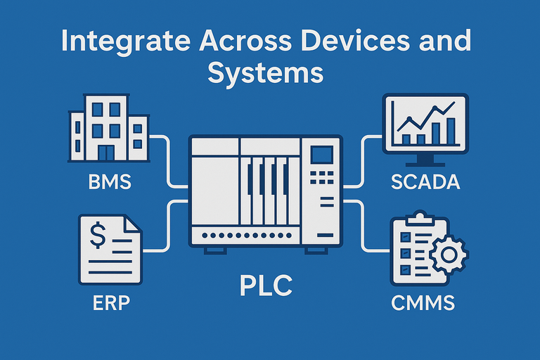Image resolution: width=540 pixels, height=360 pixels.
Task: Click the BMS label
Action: tap(110, 183)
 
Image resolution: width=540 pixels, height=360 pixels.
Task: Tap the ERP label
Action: tap(112, 304)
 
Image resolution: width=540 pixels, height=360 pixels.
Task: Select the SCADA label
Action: tap(425, 182)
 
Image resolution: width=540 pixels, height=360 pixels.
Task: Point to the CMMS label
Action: tap(423, 304)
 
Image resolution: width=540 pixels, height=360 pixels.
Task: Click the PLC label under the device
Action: tap(265, 287)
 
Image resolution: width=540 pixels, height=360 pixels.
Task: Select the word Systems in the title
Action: tap(265, 72)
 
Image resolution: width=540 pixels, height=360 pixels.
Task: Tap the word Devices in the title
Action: tap(360, 41)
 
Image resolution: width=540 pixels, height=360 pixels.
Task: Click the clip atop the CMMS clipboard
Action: tap(420, 215)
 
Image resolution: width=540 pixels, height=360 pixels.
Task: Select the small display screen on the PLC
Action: tap(323, 155)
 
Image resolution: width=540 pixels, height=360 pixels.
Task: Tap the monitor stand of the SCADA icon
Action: tap(424, 160)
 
